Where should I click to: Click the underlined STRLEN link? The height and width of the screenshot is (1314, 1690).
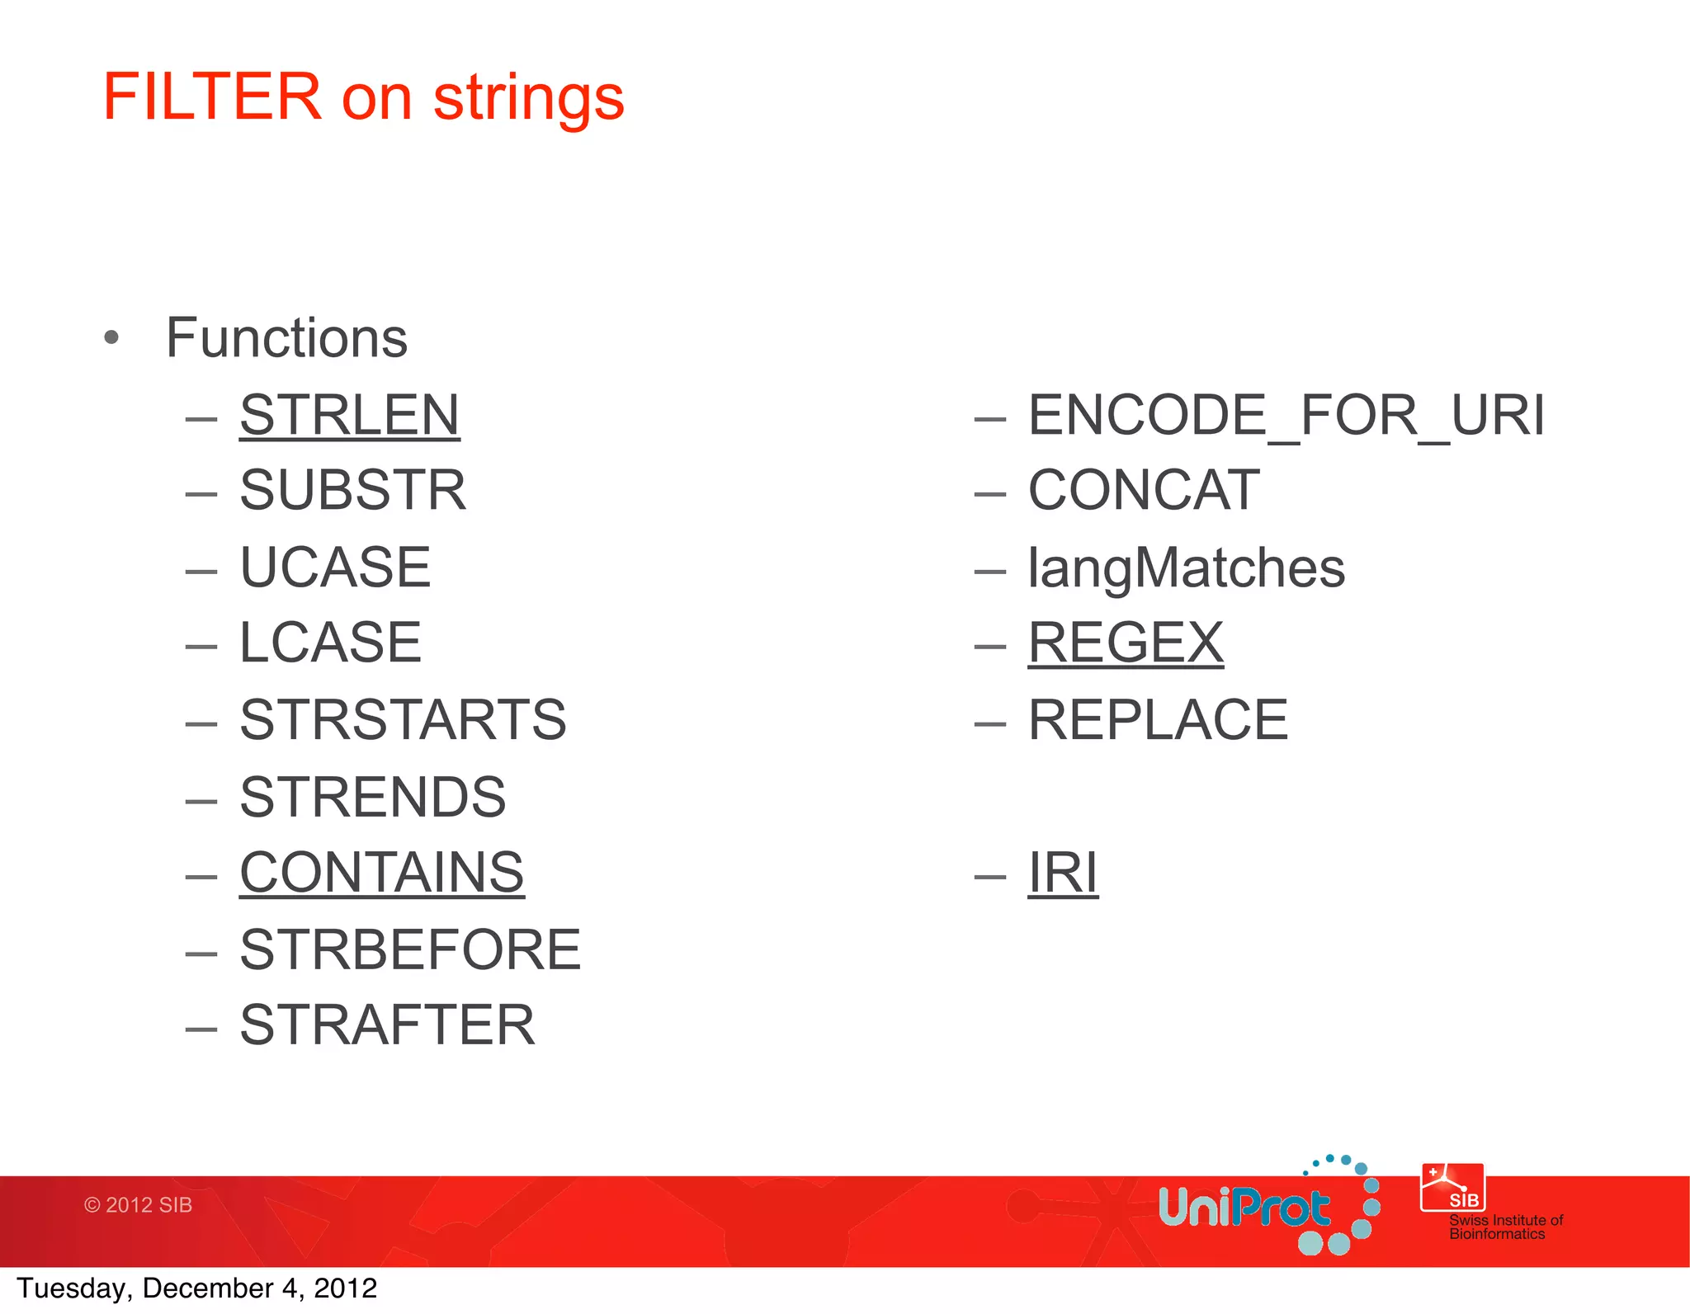coord(349,415)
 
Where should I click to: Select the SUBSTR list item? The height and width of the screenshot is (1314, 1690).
coord(352,491)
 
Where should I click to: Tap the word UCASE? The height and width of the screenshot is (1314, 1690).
coord(335,568)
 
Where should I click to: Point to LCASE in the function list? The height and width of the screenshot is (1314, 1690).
coord(330,643)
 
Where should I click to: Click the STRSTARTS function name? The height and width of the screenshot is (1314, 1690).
coord(403,719)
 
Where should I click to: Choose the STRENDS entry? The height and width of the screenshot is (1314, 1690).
coord(372,797)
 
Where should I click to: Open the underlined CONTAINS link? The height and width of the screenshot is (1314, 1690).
coord(381,873)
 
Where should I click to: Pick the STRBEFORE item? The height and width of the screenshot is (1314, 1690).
coord(410,949)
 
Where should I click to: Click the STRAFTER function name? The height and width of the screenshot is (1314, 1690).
coord(387,1025)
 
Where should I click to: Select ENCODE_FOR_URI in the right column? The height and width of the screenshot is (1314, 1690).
coord(1286,415)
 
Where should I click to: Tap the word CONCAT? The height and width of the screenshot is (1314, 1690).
coord(1144,491)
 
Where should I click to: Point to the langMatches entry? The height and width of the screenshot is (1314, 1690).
coord(1186,568)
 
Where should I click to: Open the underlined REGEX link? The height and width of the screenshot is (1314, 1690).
coord(1126,643)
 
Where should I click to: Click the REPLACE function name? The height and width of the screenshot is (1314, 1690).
coord(1158,719)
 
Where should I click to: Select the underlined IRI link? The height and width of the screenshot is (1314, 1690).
coord(1063,873)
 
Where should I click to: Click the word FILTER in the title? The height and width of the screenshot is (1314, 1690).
coord(212,97)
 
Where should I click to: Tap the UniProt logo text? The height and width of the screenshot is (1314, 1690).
coord(1244,1208)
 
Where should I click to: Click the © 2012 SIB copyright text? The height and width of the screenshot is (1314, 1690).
coord(138,1205)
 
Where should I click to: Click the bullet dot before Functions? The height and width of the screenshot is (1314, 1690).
coord(112,338)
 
